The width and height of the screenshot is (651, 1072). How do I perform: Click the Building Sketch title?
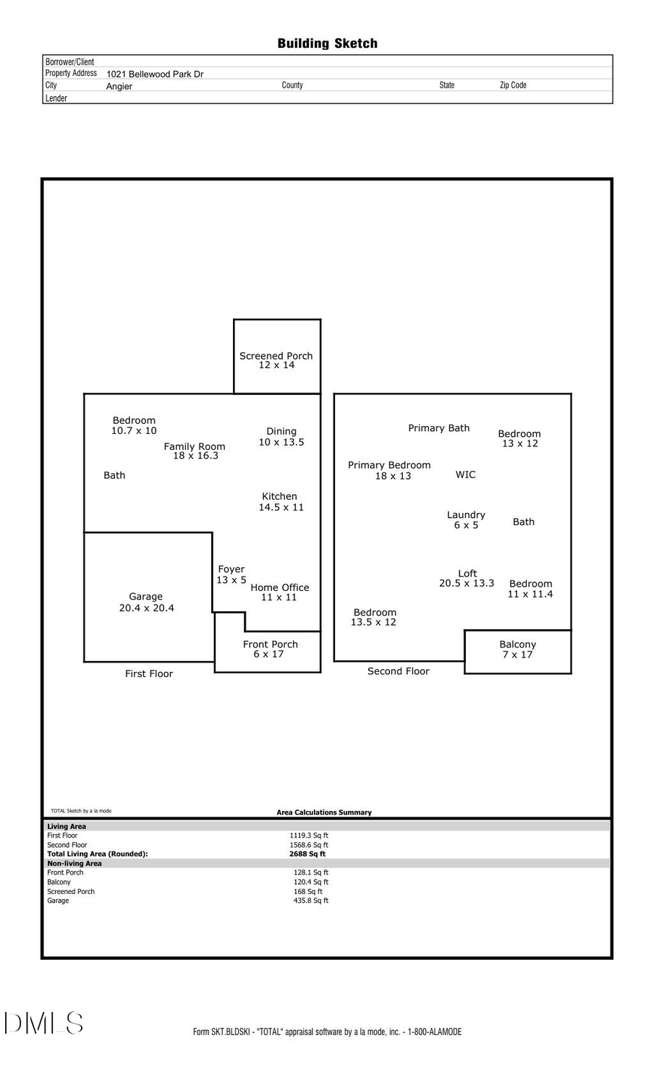(327, 43)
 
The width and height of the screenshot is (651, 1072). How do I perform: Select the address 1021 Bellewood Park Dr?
(155, 74)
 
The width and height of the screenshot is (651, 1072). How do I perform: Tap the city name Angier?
(119, 86)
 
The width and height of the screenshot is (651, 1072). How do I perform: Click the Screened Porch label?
(276, 356)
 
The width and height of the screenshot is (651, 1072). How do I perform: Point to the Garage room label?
(145, 597)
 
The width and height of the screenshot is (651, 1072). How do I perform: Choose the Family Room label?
(195, 446)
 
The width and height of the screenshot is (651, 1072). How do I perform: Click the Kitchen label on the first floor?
(279, 496)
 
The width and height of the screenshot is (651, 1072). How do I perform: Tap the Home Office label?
(280, 587)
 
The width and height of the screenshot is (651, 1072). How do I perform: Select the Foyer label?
(231, 569)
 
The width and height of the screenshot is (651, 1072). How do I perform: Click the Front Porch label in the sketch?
(271, 644)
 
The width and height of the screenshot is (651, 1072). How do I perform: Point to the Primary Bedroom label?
(389, 465)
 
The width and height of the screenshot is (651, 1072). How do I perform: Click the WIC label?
(466, 475)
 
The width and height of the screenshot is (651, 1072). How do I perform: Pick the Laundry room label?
(466, 515)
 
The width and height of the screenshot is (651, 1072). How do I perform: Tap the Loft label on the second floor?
(467, 574)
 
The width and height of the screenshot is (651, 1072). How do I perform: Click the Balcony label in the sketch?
(518, 644)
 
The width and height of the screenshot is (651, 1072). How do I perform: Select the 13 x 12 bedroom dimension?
(520, 443)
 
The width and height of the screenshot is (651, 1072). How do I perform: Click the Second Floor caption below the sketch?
(398, 671)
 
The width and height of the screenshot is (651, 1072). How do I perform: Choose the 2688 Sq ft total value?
(307, 854)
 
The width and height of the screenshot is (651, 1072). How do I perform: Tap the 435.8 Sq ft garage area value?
(311, 901)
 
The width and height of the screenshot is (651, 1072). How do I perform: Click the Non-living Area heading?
(75, 863)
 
